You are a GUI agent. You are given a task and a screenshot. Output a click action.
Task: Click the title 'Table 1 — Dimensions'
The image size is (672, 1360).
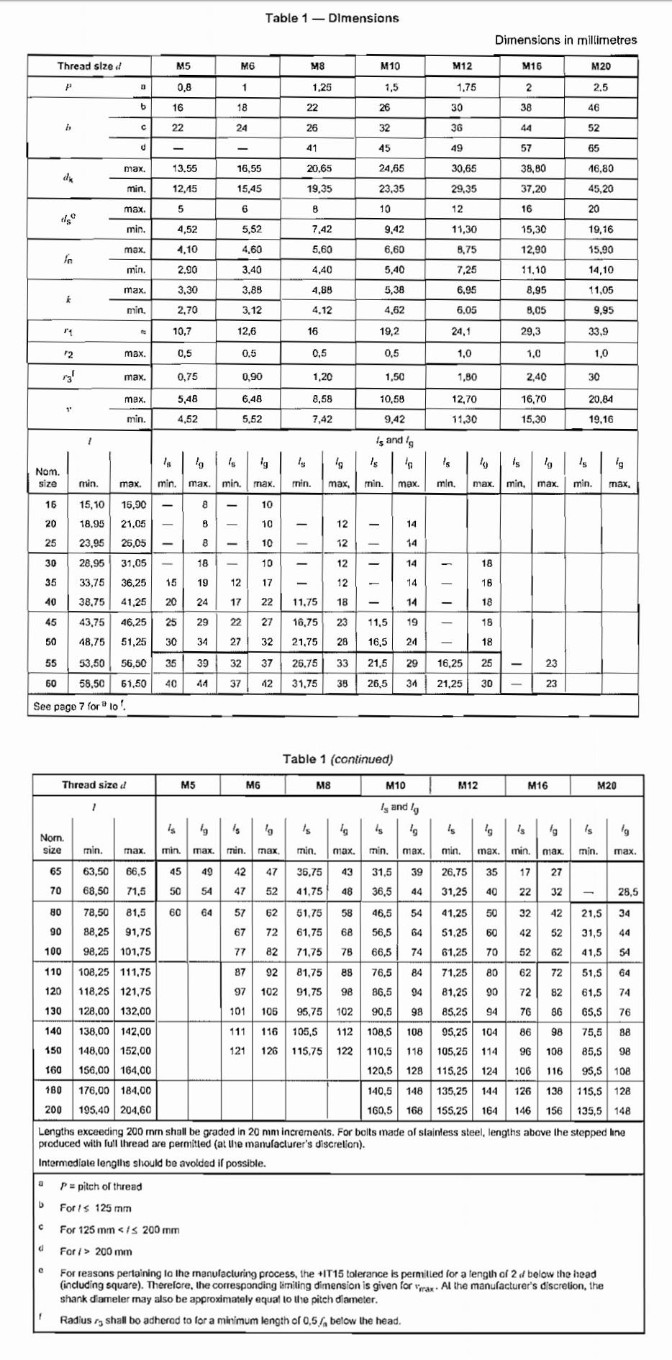(332, 18)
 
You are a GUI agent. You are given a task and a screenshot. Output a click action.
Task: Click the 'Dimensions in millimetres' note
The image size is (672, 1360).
(566, 40)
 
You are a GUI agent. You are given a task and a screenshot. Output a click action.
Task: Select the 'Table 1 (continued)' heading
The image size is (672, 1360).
(337, 759)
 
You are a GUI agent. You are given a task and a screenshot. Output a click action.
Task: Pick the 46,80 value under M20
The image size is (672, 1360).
(601, 168)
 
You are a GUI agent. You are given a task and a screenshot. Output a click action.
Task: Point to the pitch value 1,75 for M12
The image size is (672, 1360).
(466, 87)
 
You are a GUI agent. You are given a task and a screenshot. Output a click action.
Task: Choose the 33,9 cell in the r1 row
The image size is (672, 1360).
(598, 332)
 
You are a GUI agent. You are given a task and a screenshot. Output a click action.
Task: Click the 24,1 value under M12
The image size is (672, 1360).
(460, 332)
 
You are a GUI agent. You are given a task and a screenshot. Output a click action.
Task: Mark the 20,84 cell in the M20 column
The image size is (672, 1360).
(601, 399)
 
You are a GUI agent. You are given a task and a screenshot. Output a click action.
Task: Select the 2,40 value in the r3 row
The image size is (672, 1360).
(537, 377)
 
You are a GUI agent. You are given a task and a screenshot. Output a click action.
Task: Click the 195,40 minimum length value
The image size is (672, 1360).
(94, 1110)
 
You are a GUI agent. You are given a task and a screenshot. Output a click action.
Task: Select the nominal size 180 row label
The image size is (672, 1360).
(53, 1090)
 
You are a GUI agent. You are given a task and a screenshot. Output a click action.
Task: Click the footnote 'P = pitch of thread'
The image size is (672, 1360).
(101, 1187)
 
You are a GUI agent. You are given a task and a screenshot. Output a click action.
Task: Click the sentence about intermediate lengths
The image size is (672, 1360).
(152, 1163)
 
